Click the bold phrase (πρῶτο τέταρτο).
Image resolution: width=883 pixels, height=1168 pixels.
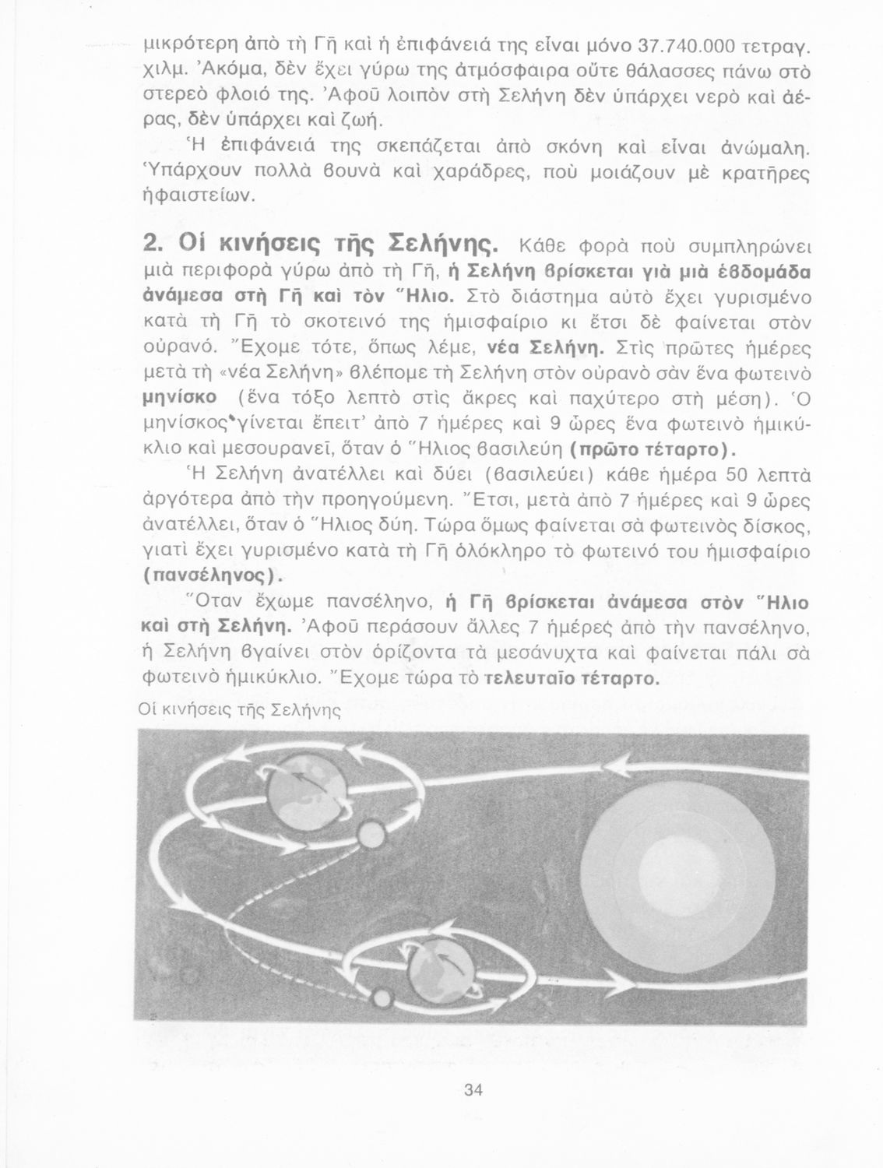pos(653,452)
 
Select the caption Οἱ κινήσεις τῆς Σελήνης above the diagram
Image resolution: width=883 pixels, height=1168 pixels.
pos(240,710)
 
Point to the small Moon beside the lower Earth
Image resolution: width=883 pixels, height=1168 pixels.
pos(381,997)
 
